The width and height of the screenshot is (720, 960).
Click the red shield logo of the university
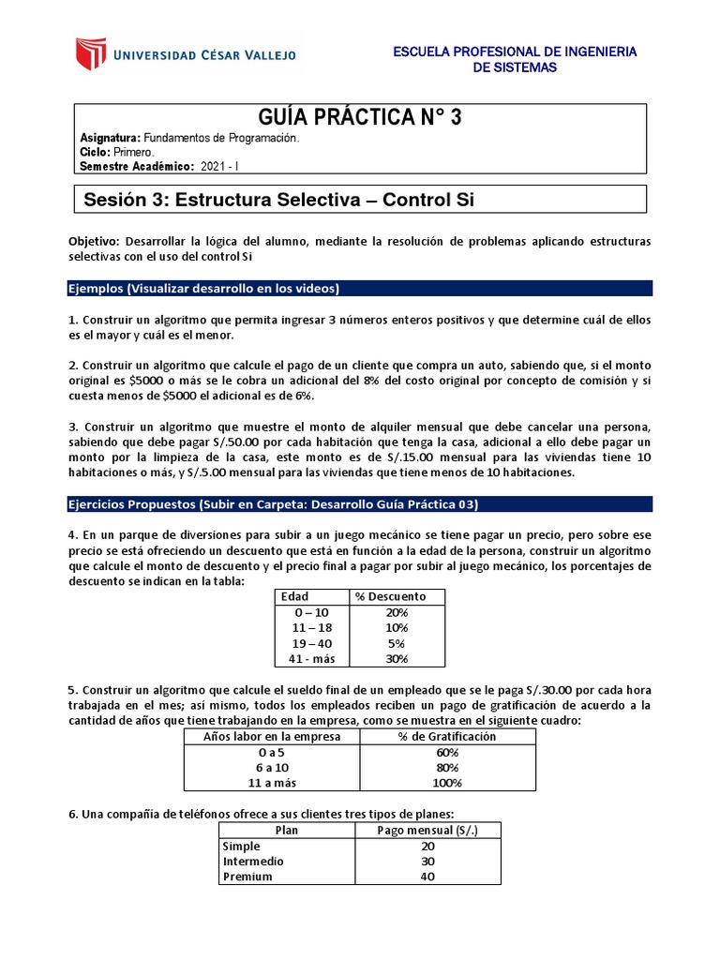tap(89, 54)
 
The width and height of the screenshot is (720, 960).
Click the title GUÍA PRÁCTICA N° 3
tap(359, 118)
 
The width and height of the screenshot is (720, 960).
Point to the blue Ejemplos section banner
tap(360, 288)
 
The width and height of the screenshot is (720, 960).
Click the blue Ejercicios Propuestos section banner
tap(360, 504)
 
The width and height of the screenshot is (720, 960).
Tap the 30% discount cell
tap(396, 659)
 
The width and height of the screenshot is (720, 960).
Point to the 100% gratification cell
tap(447, 783)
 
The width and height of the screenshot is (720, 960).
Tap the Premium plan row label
tap(247, 877)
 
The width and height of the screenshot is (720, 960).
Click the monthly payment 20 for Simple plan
tap(427, 846)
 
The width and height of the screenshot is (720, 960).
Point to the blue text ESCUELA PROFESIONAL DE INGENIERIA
tap(514, 52)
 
